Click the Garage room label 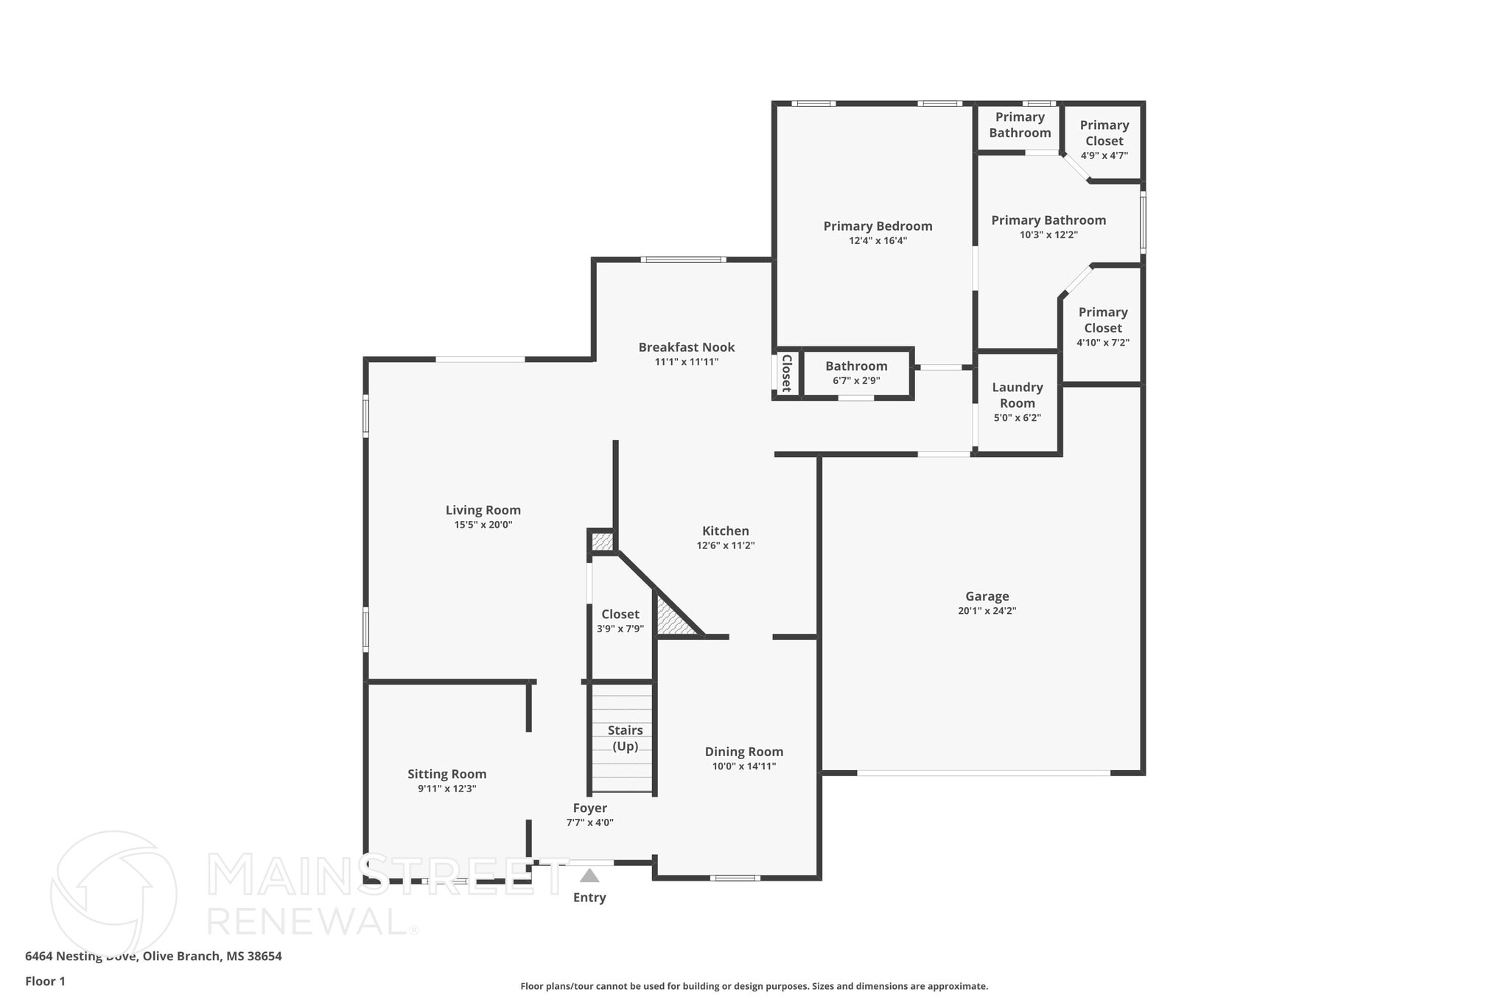[x=987, y=596]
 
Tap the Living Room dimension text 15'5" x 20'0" [x=483, y=525]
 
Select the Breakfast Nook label [x=687, y=347]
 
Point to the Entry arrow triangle [x=589, y=876]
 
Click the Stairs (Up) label [x=626, y=738]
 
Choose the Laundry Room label [x=1018, y=395]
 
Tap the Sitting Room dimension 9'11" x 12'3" [x=447, y=789]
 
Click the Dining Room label [x=744, y=752]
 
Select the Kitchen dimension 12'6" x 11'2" [x=726, y=545]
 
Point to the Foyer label [x=590, y=808]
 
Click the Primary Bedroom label [x=878, y=226]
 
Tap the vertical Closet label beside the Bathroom [x=786, y=373]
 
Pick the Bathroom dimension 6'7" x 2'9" [x=856, y=381]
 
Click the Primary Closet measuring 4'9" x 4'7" [x=1104, y=139]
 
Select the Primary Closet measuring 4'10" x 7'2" [x=1103, y=326]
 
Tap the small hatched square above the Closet [x=603, y=542]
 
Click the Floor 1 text [x=46, y=981]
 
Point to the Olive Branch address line [x=153, y=956]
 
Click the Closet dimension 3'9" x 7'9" [x=620, y=629]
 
